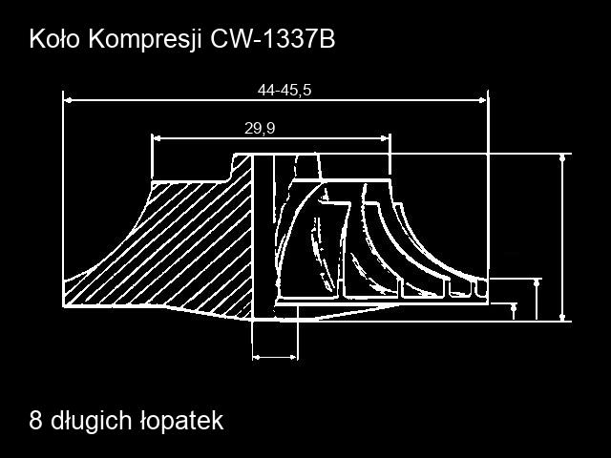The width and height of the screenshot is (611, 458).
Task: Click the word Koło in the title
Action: point(54,39)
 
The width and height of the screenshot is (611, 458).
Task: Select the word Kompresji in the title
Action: point(145,40)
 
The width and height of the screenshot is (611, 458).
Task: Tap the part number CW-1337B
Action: point(272,39)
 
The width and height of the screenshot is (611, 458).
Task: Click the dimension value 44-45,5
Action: point(284,90)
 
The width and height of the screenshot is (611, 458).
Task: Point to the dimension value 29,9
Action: point(260,128)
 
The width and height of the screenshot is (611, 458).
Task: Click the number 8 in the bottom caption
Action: point(35,421)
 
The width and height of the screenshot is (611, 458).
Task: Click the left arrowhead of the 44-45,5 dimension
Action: point(68,100)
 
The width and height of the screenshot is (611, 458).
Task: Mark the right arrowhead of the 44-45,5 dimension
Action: point(483,100)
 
